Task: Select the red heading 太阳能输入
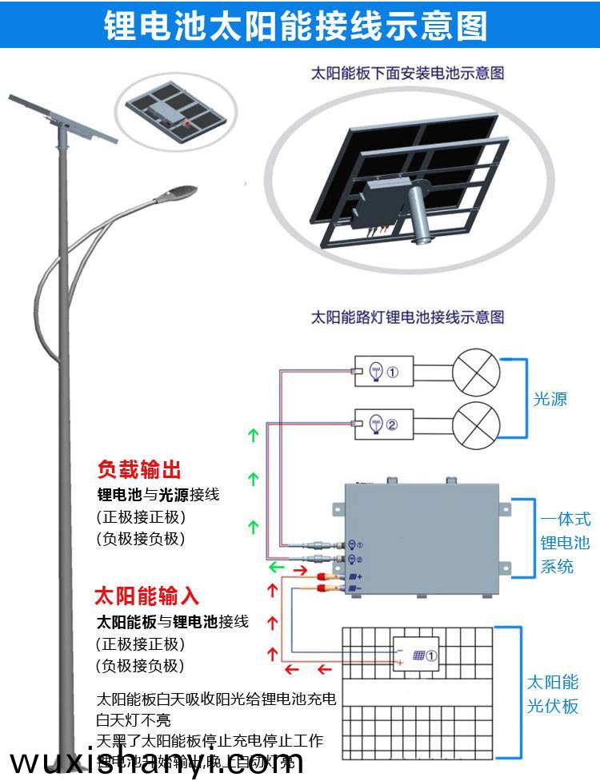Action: coord(146,596)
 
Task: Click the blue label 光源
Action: coord(550,399)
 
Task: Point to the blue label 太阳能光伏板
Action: coord(552,694)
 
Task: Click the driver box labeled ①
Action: coord(384,372)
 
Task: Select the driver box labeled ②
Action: coord(384,424)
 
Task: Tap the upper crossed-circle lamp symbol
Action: coord(476,372)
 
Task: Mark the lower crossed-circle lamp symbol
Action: coord(476,424)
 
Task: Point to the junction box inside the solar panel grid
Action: coord(415,655)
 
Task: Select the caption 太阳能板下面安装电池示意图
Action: coord(407,73)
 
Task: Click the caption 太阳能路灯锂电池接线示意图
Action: coord(407,317)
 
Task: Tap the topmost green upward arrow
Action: coord(254,436)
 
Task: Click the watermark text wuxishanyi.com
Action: coord(156,761)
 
